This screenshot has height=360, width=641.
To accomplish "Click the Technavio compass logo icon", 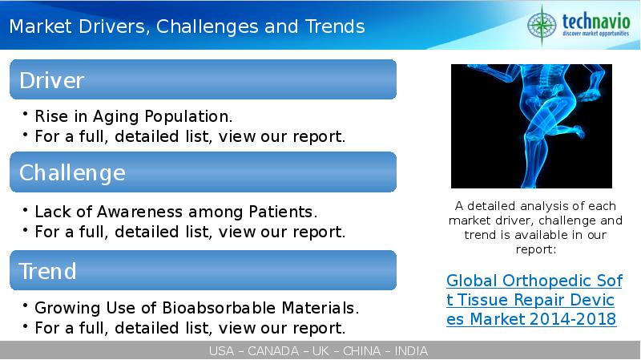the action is (x=542, y=25).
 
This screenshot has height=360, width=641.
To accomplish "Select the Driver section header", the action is (x=204, y=79).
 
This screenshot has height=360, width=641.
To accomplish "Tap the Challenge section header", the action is (x=204, y=172).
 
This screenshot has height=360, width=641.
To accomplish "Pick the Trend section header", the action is (x=204, y=270).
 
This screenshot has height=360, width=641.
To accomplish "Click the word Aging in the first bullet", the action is (x=116, y=117).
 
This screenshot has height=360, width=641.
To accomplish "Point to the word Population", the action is (x=188, y=117).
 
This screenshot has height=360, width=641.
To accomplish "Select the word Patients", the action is (x=283, y=212).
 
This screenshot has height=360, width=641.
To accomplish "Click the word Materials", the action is (x=320, y=308).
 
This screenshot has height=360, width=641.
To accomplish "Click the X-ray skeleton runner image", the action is (x=531, y=126).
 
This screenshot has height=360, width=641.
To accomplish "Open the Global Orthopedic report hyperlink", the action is (x=534, y=300).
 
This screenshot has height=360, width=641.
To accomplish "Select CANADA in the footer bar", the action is (x=273, y=351).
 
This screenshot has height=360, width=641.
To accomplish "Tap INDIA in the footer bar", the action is (x=411, y=351).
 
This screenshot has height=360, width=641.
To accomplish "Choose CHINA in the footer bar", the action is (x=361, y=351).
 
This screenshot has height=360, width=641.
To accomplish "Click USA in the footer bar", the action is (x=221, y=351).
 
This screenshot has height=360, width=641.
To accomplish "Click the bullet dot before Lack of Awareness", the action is (x=26, y=210).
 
